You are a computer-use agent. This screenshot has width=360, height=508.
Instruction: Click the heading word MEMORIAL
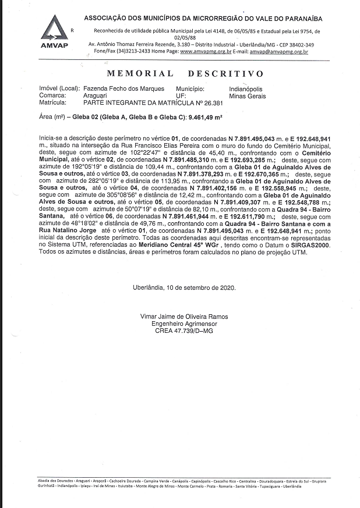tap(140, 74)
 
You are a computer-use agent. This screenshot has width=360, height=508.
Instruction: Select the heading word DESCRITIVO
tap(225, 74)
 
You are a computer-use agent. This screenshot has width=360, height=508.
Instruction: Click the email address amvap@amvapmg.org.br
tap(274, 52)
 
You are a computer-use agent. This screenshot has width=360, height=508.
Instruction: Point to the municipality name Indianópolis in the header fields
tap(246, 89)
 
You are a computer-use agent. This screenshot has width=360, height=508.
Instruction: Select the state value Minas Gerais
tap(247, 96)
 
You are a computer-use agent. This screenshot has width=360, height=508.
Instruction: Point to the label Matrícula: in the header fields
tap(52, 103)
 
